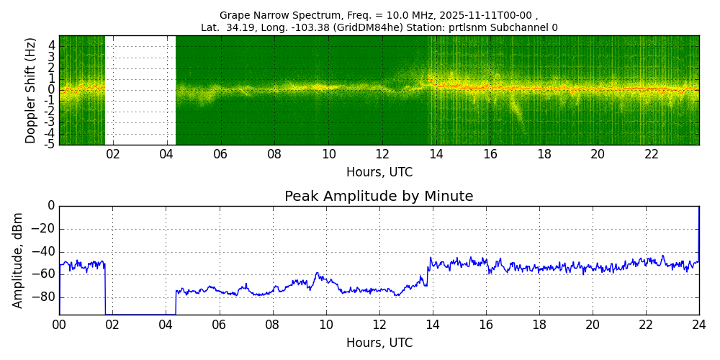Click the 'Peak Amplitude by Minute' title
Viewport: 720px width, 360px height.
tap(379, 197)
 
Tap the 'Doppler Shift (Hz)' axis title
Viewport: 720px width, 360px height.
tap(30, 91)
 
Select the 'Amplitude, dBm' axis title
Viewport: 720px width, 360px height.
tap(19, 260)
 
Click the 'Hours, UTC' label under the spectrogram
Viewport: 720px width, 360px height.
tap(379, 173)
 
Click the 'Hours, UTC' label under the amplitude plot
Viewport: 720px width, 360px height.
tap(379, 343)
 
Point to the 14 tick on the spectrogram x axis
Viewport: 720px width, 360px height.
tap(436, 154)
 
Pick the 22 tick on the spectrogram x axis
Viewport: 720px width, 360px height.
tap(652, 154)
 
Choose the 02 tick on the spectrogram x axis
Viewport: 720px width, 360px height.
tap(113, 154)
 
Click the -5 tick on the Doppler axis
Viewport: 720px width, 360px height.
tap(50, 144)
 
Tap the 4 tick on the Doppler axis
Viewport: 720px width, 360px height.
tap(52, 45)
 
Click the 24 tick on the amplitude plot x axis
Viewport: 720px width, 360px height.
tap(698, 324)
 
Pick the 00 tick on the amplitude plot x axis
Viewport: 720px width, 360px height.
tap(59, 324)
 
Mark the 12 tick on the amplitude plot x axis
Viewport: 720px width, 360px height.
tap(379, 324)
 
